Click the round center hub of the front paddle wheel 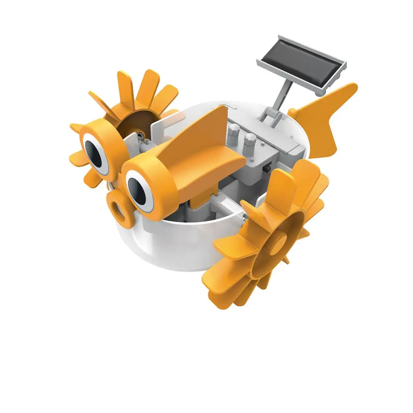click(276, 244)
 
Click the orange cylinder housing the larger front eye click(151, 186)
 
